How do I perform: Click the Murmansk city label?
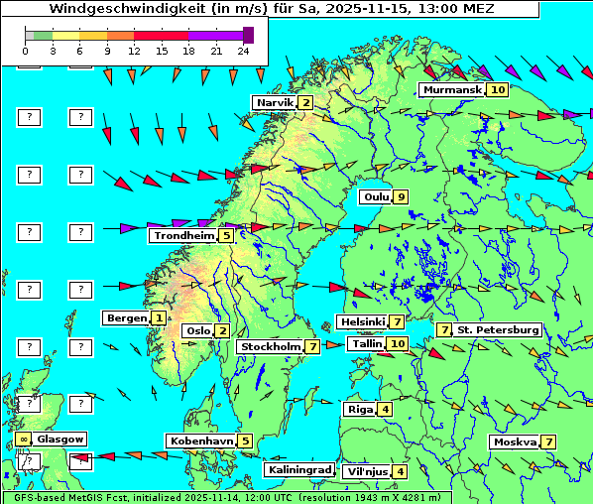coord(451,90)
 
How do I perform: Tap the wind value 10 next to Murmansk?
coord(498,90)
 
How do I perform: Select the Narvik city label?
coord(275,103)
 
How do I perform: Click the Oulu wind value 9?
coord(401,196)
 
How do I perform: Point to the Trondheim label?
coord(183,236)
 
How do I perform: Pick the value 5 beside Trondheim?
coord(226,236)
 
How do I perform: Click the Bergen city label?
coord(126,318)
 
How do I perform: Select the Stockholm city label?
coord(271,347)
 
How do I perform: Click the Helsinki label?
coord(361,322)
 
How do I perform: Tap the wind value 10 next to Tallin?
coord(398,344)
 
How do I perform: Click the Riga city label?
coord(358,409)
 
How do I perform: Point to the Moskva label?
coord(514,442)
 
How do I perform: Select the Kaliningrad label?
coord(298,470)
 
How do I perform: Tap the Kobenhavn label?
coord(200,441)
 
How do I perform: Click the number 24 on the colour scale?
coord(242,50)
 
